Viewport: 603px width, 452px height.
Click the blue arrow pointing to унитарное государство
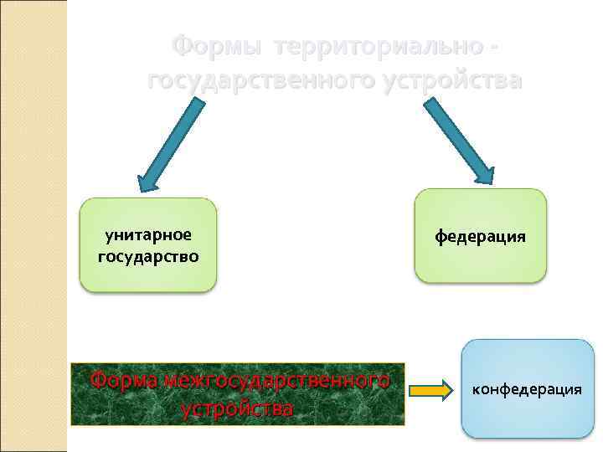click(171, 143)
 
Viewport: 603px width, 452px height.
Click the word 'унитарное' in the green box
click(148, 235)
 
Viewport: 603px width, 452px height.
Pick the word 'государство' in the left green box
click(148, 255)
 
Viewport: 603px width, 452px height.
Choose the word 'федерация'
click(480, 236)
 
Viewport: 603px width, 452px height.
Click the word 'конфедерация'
click(528, 389)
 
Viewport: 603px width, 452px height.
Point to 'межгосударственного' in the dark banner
click(276, 380)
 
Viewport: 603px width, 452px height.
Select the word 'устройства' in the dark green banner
click(237, 408)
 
